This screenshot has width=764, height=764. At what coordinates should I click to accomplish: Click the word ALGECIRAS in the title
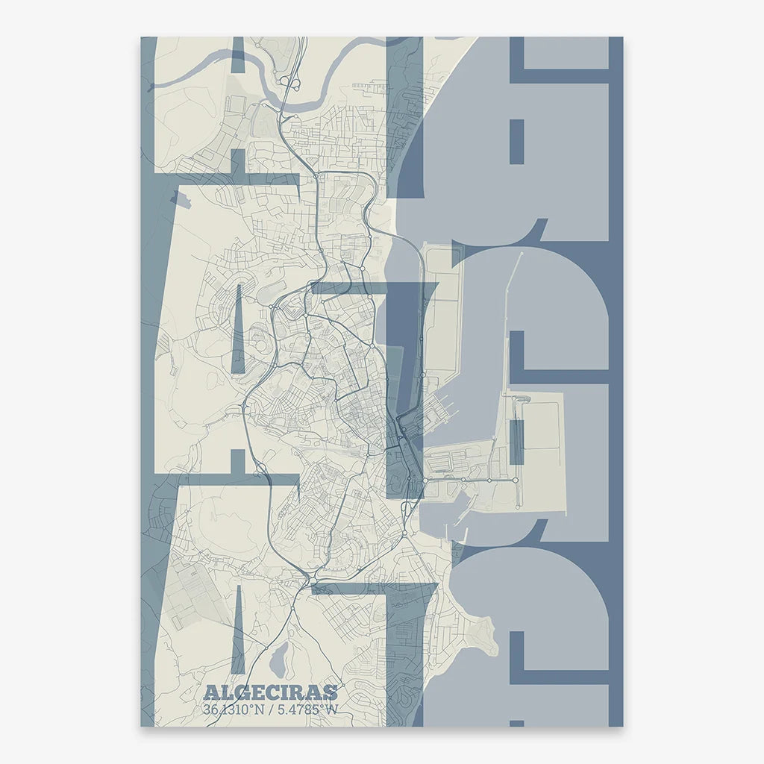[x=270, y=693]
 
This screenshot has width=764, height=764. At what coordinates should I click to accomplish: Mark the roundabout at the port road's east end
[x=516, y=480]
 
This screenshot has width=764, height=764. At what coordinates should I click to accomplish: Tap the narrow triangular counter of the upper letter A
[x=238, y=332]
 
